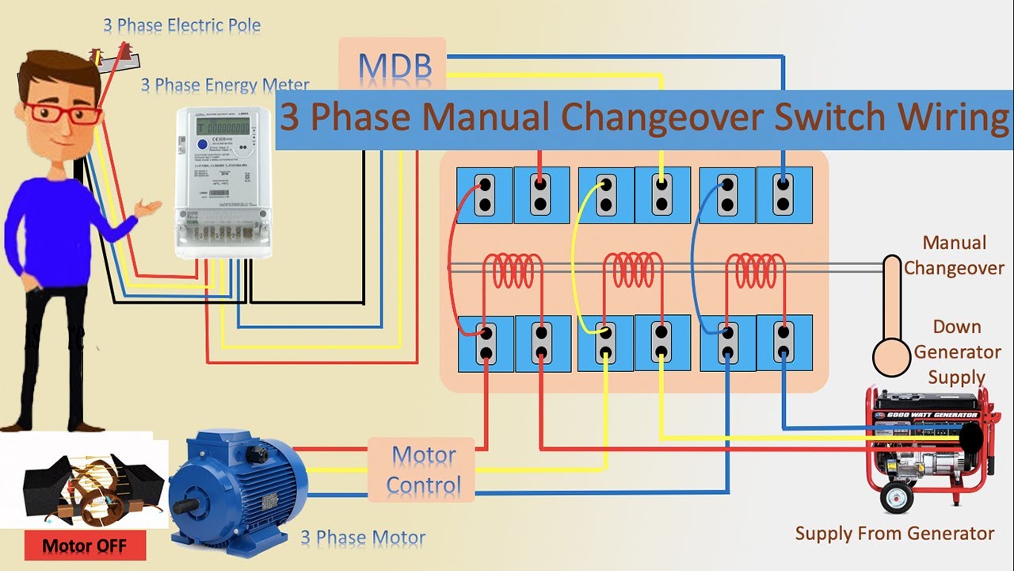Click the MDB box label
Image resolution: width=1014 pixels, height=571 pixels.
(395, 67)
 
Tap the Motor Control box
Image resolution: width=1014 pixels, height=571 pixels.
(423, 469)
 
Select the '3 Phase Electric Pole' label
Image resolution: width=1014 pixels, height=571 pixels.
(181, 25)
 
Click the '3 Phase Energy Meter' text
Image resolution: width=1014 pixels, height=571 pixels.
(225, 85)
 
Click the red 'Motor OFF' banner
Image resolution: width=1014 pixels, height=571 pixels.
(84, 546)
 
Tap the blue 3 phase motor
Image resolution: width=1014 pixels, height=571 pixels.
(238, 484)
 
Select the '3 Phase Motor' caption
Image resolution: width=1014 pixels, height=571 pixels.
(363, 538)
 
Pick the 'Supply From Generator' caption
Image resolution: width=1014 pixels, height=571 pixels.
(894, 533)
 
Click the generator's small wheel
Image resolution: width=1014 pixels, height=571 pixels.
(897, 497)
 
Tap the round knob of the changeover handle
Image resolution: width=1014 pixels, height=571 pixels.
(892, 357)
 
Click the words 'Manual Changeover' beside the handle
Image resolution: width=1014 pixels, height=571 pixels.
(954, 255)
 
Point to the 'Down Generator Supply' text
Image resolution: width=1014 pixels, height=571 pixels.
(956, 351)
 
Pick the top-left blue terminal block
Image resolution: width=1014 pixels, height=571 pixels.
(484, 195)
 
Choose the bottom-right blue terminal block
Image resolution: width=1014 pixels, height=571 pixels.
(783, 343)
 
